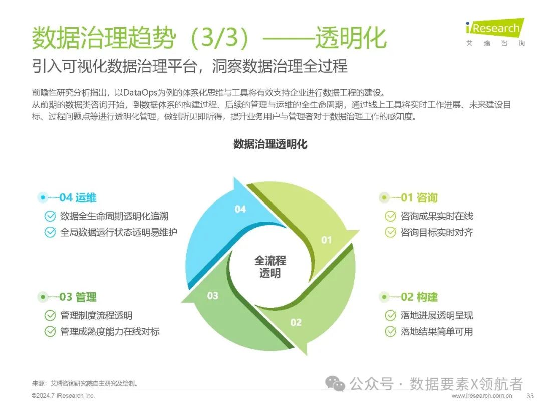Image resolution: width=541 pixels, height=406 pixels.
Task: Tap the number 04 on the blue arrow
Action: (240, 209)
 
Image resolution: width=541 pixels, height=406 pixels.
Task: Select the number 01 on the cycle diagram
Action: (326, 240)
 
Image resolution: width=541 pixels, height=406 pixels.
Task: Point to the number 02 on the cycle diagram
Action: (296, 322)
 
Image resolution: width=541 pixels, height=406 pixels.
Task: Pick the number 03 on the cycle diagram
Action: (213, 296)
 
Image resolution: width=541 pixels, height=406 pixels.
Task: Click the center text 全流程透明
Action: (270, 267)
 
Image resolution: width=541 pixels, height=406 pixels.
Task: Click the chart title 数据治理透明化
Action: (270, 144)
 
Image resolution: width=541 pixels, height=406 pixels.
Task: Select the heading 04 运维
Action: (78, 197)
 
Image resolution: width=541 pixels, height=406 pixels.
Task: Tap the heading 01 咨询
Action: (419, 197)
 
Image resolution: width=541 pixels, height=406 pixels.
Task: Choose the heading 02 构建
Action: (419, 297)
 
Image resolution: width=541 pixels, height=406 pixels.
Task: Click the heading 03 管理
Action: (78, 297)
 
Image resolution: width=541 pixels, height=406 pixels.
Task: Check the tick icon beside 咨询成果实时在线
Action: (390, 216)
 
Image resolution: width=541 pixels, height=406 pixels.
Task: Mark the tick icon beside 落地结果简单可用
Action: (390, 331)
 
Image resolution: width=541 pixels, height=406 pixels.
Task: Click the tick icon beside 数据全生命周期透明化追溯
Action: (50, 216)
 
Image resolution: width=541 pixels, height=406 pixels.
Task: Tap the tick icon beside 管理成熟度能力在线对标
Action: (50, 331)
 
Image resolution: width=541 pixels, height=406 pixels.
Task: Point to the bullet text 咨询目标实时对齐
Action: (437, 232)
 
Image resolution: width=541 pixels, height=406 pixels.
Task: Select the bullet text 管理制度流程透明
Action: (96, 316)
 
